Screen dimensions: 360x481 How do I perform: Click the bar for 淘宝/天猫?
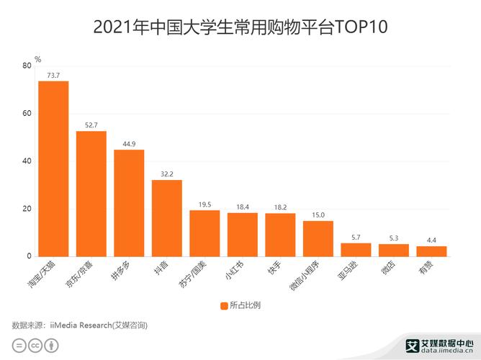click(x=53, y=168)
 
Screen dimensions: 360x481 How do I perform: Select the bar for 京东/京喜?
click(x=91, y=194)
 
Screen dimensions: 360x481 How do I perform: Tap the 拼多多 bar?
click(x=129, y=203)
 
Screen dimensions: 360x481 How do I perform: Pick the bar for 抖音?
click(x=166, y=218)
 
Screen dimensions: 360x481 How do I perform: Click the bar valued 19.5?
click(x=204, y=233)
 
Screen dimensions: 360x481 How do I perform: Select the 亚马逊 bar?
click(x=356, y=250)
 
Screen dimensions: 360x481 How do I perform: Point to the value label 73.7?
click(x=53, y=75)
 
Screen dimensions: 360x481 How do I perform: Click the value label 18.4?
click(x=242, y=207)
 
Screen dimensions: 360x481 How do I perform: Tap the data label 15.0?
click(x=318, y=215)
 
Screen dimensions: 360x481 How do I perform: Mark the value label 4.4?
click(x=431, y=240)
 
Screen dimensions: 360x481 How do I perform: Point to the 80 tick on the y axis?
click(x=27, y=66)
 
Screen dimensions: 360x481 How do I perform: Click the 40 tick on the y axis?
click(x=27, y=161)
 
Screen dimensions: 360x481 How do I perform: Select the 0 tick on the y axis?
click(x=29, y=256)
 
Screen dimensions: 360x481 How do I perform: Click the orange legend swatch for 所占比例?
click(x=223, y=305)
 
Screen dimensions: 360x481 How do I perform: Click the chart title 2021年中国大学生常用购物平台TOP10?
click(x=240, y=28)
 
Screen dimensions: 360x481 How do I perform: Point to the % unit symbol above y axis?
click(x=37, y=59)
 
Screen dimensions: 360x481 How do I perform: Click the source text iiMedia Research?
click(x=79, y=325)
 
